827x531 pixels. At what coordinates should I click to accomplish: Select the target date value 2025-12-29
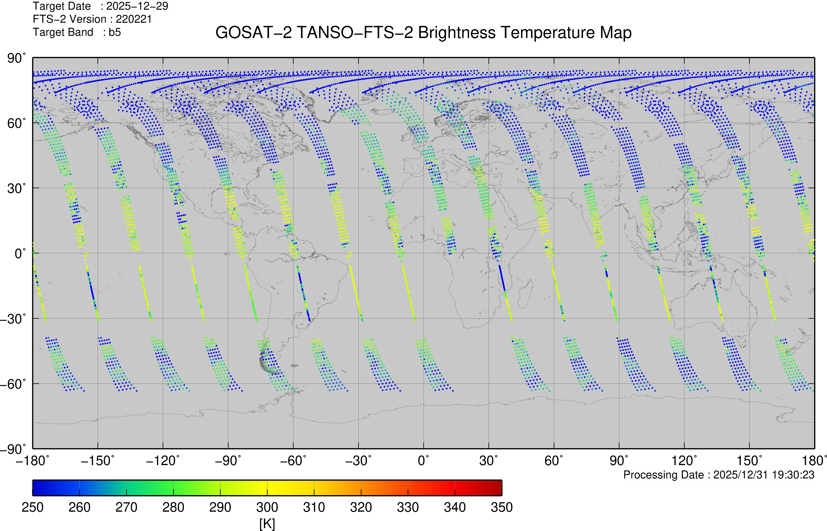coord(137,6)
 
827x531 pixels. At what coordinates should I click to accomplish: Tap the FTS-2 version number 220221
coord(134,19)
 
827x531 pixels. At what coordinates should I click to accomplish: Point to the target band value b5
coord(115,32)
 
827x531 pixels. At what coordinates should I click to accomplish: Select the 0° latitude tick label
coord(20,253)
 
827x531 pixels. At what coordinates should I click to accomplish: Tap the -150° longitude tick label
coord(97,461)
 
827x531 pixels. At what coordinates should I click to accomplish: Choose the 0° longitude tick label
coord(424,461)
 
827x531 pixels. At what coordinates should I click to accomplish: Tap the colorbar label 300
coord(267,507)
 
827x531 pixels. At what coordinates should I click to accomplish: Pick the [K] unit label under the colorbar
coord(267,524)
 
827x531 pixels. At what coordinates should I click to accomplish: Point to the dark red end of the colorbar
coord(496,488)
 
